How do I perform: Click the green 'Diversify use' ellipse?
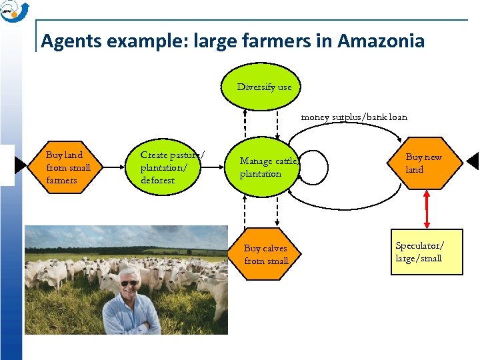(x=264, y=87)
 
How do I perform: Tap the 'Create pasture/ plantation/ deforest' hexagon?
(x=173, y=167)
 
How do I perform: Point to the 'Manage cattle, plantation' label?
(x=269, y=167)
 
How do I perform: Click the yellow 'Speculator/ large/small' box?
(x=427, y=253)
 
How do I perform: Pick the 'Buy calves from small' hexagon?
(x=266, y=255)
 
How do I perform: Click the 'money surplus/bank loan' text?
(x=354, y=117)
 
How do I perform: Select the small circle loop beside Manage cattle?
(x=311, y=167)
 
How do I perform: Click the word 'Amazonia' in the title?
(x=381, y=41)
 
